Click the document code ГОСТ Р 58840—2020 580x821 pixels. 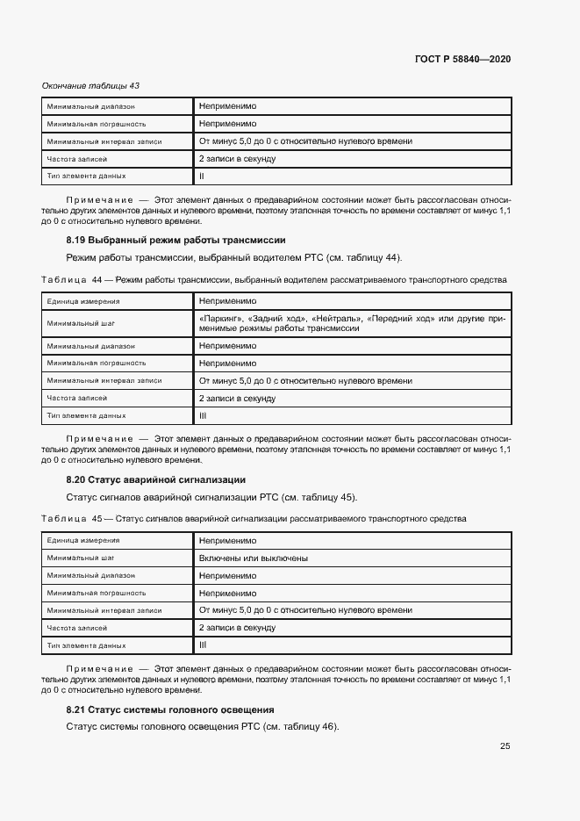462,59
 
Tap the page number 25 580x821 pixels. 505,746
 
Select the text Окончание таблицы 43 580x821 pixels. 90,86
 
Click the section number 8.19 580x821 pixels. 75,240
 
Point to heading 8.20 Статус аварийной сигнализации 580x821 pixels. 155,479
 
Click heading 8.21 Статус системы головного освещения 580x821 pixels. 170,709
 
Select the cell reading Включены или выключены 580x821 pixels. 253,558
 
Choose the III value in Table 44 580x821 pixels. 203,415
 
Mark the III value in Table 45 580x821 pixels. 203,645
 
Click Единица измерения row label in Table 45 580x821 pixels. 83,541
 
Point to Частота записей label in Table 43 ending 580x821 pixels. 77,159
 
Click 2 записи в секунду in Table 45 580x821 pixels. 237,628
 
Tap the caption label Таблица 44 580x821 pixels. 72,280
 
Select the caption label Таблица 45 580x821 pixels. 72,519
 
